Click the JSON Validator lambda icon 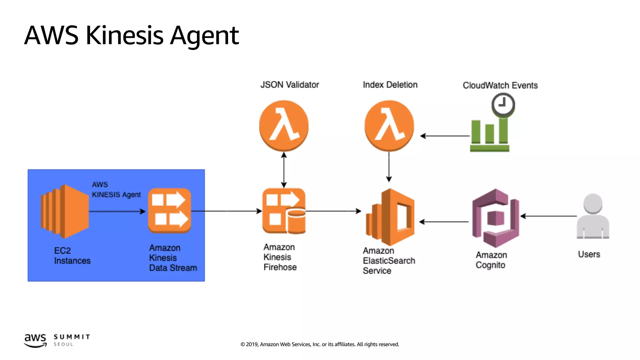click(x=284, y=125)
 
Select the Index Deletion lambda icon click(x=389, y=125)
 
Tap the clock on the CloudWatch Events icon click(x=503, y=104)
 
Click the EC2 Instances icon click(x=65, y=211)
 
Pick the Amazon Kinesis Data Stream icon click(x=169, y=210)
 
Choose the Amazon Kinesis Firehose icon click(x=284, y=211)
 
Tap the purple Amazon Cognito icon click(x=496, y=218)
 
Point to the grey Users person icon click(x=593, y=216)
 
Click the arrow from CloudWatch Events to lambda click(x=445, y=136)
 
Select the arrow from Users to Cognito click(x=548, y=216)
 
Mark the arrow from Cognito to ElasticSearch click(x=444, y=222)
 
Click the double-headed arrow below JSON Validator click(x=284, y=170)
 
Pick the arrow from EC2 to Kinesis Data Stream click(x=117, y=212)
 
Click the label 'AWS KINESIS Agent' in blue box click(x=116, y=190)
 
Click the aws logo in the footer click(x=35, y=340)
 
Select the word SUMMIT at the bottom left click(x=72, y=337)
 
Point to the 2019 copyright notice click(x=320, y=344)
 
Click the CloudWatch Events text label click(x=500, y=85)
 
